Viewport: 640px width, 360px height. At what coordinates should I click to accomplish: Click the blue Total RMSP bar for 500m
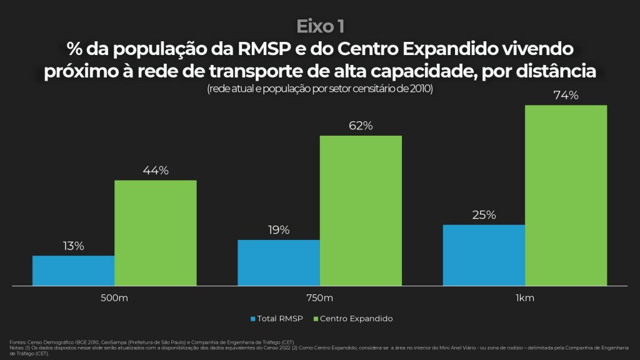(73, 270)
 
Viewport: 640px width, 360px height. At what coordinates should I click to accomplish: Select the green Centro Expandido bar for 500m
(155, 232)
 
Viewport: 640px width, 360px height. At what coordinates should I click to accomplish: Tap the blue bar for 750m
(279, 262)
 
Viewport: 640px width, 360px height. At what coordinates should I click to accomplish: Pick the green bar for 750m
(361, 210)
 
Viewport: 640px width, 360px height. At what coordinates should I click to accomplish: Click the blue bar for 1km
(484, 255)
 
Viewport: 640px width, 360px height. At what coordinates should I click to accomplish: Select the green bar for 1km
(566, 195)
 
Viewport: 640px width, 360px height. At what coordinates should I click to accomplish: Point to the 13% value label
(73, 246)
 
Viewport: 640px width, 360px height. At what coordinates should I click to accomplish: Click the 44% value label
(155, 171)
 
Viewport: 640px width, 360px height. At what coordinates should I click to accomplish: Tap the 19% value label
(279, 230)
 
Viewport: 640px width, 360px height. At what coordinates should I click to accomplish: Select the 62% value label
(361, 126)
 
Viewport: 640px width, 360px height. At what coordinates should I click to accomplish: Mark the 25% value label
(484, 215)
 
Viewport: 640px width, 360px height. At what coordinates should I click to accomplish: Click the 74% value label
(566, 96)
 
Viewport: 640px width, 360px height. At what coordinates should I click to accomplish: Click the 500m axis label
(114, 297)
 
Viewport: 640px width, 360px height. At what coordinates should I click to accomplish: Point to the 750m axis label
(319, 297)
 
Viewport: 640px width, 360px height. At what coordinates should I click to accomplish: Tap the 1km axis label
(525, 297)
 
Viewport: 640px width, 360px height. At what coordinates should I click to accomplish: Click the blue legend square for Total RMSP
(253, 319)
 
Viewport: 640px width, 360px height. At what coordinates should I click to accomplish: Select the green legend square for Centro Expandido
(315, 319)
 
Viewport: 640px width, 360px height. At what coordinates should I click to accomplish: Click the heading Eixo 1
(319, 26)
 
